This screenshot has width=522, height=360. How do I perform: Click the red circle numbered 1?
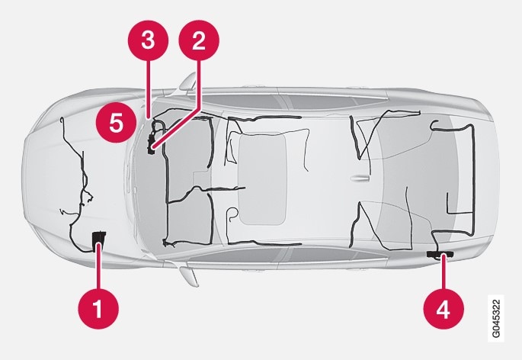tap(98, 309)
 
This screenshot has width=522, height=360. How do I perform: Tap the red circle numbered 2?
tap(199, 40)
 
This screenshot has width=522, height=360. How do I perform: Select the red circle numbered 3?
tap(148, 40)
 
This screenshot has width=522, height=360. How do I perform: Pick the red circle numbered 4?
tap(444, 310)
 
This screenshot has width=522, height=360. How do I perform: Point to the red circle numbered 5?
tap(116, 122)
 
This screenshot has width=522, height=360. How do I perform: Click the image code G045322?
tap(496, 318)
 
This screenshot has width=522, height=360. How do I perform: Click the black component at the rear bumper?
tap(440, 254)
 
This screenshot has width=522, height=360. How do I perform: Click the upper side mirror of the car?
tap(187, 82)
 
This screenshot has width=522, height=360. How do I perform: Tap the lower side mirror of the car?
tap(189, 275)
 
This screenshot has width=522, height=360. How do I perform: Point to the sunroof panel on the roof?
tap(262, 178)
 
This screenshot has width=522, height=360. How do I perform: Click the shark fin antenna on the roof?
tap(360, 178)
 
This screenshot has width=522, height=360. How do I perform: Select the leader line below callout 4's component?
tap(444, 272)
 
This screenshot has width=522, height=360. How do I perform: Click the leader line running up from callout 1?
tap(98, 266)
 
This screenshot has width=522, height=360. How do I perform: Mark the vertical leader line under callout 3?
tap(147, 89)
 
